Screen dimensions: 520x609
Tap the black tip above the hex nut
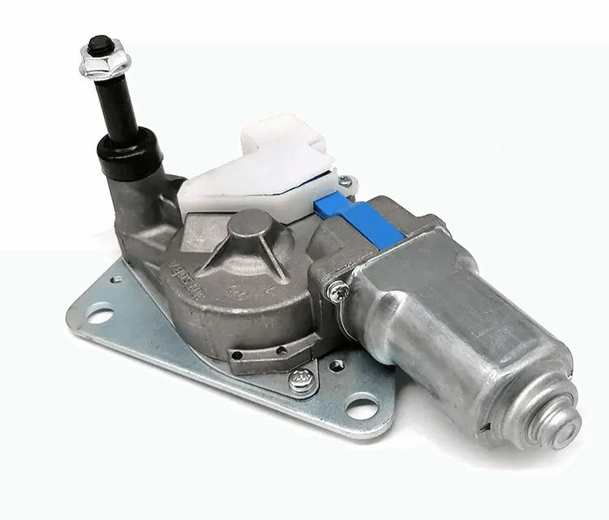coord(100,43)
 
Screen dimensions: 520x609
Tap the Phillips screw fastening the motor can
coord(336,289)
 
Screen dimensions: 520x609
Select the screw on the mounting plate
coord(302,381)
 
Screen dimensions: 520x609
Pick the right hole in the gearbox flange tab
coord(281,352)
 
